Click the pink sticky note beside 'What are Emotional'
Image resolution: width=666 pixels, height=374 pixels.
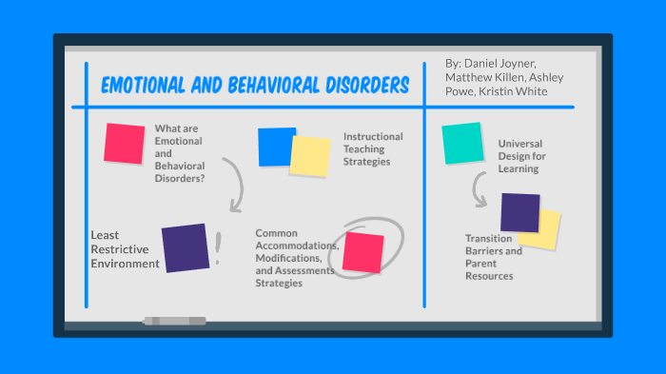point(124,143)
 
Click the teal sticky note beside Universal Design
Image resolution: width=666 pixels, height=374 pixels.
point(462,144)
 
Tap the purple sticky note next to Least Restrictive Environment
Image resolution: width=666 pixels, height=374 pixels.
point(185,247)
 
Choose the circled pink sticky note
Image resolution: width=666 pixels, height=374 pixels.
point(362,251)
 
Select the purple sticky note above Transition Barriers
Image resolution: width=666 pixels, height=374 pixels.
point(519,211)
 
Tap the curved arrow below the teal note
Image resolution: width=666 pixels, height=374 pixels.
point(481,191)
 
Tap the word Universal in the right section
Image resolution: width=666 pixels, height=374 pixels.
point(520,144)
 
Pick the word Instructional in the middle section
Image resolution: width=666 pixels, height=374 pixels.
point(373,136)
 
